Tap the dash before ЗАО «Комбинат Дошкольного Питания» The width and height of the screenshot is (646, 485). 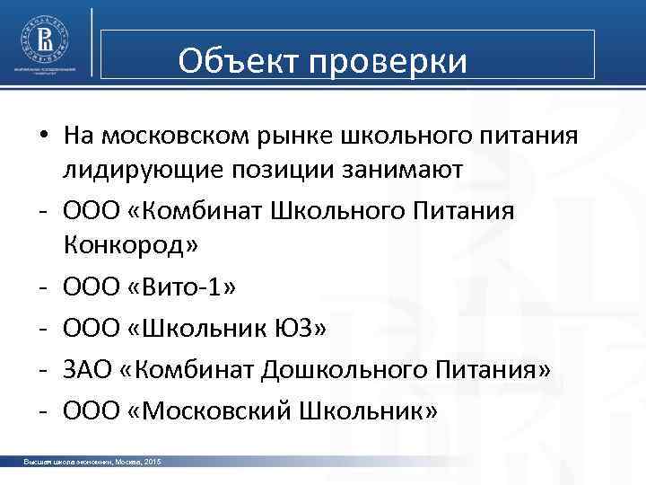click(42, 370)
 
